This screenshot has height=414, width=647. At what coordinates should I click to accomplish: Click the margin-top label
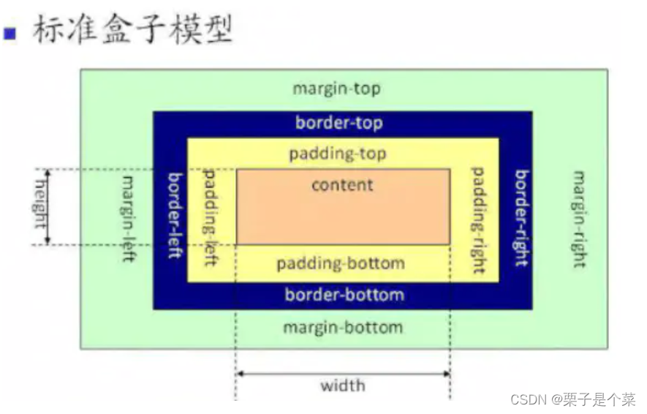pyautogui.click(x=336, y=89)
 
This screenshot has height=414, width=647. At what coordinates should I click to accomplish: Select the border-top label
pyautogui.click(x=338, y=123)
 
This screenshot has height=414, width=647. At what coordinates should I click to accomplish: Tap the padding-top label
pyautogui.click(x=337, y=154)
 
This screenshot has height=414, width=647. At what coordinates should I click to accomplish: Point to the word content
pyautogui.click(x=342, y=185)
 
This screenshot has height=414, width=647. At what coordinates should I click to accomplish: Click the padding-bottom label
pyautogui.click(x=340, y=263)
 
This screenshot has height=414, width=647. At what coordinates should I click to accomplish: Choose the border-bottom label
pyautogui.click(x=344, y=295)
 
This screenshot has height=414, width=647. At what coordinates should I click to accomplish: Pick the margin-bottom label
pyautogui.click(x=342, y=326)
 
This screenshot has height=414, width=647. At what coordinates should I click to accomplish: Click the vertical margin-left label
pyautogui.click(x=129, y=219)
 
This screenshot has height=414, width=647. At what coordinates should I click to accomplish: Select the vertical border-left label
pyautogui.click(x=175, y=215)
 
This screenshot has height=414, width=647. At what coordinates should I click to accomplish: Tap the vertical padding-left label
pyautogui.click(x=210, y=217)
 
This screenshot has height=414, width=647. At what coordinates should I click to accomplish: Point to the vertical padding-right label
pyautogui.click(x=477, y=220)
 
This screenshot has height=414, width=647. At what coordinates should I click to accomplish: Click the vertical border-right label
pyautogui.click(x=521, y=218)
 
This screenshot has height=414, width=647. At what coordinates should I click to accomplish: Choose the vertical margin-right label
pyautogui.click(x=579, y=219)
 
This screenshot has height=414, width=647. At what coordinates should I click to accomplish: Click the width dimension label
pyautogui.click(x=342, y=385)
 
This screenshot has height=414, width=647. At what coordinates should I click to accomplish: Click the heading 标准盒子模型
pyautogui.click(x=132, y=29)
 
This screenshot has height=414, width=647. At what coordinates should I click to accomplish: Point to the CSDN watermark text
pyautogui.click(x=572, y=399)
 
